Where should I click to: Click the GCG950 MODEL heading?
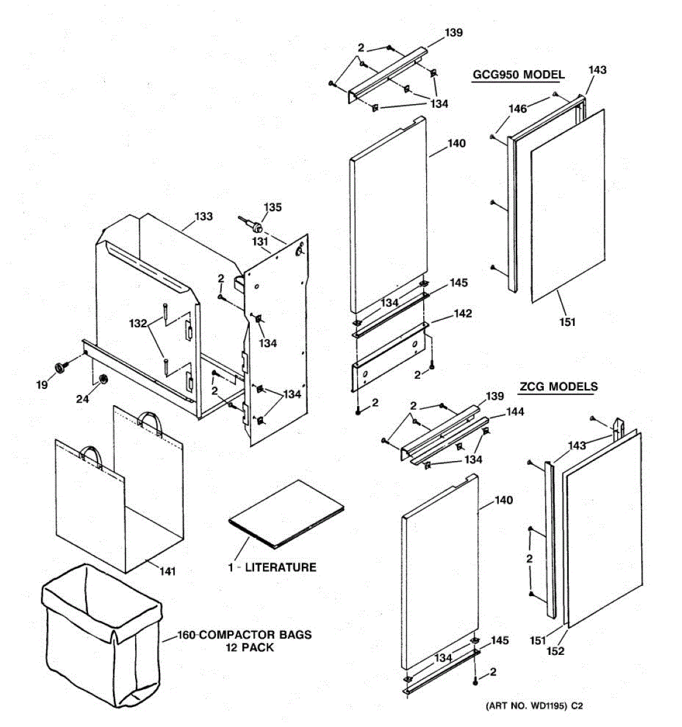pos(518,75)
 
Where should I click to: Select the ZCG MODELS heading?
pos(558,387)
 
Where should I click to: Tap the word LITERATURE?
pos(280,568)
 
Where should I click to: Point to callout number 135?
pos(273,208)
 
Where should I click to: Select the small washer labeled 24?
pos(103,379)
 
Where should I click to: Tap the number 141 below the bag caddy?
pos(167,571)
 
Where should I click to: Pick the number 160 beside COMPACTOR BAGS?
pos(187,636)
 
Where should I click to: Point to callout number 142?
pos(462,314)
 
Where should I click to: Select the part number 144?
pos(515,412)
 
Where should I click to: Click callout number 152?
pos(555,651)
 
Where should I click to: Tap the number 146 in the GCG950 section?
pos(517,109)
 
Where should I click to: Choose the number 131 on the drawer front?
pos(261,241)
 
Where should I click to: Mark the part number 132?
pos(138,324)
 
